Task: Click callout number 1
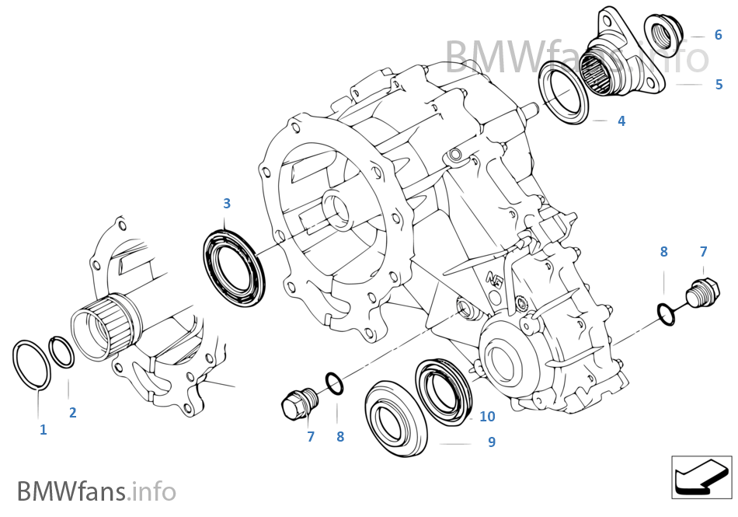coord(43,429)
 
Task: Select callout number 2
coord(72,413)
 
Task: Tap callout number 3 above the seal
coord(227,204)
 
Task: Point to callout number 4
coord(621,121)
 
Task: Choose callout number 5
coord(719,84)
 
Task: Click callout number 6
coord(718,35)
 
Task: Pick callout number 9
coord(491,442)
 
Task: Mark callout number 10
coord(486,417)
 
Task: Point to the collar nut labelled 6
coord(662,35)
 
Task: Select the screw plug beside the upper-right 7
coord(697,295)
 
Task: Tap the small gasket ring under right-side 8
coord(665,313)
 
